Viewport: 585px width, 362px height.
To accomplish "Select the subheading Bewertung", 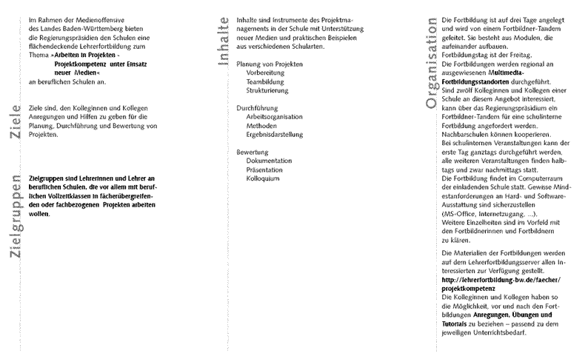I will point(253,151).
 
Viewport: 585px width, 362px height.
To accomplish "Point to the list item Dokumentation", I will point(270,160).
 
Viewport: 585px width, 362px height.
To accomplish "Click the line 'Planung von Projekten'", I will point(270,65).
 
